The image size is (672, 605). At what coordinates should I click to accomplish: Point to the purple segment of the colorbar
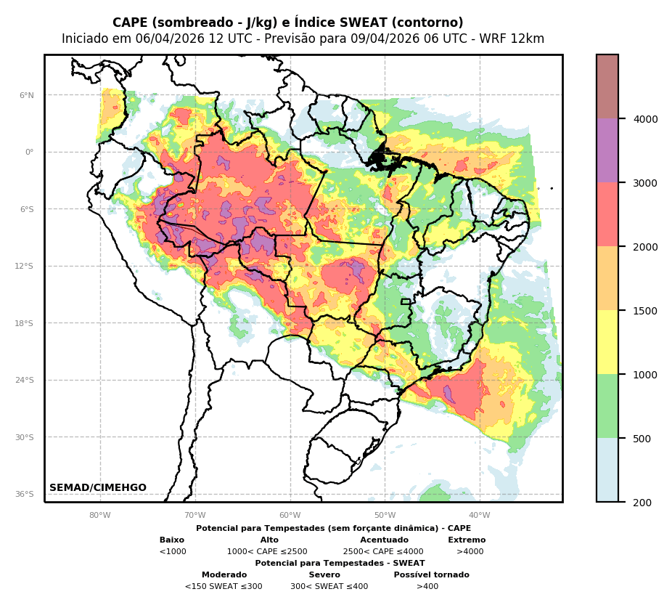[607, 150]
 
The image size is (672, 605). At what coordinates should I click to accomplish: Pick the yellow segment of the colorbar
[607, 342]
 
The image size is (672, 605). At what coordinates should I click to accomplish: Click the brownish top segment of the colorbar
[607, 86]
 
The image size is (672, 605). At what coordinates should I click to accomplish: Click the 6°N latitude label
[27, 95]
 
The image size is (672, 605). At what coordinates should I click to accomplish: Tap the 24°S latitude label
[25, 380]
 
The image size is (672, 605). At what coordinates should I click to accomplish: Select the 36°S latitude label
[25, 494]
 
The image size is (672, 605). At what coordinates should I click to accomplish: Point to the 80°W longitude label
[100, 516]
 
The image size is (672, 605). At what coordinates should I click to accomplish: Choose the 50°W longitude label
[385, 516]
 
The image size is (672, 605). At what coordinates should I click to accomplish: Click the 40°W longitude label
[480, 516]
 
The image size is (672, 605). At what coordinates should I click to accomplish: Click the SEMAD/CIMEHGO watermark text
[98, 488]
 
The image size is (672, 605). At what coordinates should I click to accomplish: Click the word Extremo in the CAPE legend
[467, 540]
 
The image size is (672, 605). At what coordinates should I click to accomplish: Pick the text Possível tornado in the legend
[431, 575]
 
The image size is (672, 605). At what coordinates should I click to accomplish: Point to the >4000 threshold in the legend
[470, 552]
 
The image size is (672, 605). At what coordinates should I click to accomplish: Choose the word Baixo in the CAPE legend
[172, 540]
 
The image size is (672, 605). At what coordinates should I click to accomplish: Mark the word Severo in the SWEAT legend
[324, 575]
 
